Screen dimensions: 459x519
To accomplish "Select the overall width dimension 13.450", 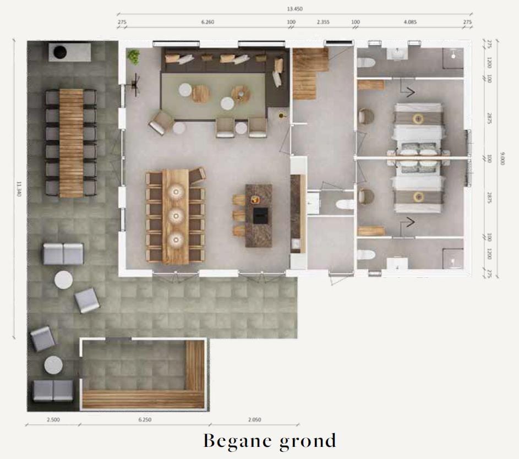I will tap(294, 9).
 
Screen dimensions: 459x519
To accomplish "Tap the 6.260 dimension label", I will tap(207, 23).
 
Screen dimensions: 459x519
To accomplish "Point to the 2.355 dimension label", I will tap(323, 23).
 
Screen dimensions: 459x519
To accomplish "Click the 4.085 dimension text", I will tap(410, 23).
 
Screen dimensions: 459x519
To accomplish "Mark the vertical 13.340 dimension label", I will tap(18, 190).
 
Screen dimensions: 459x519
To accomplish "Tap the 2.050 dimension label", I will tap(254, 419).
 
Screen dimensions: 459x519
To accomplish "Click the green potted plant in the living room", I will tap(133, 56).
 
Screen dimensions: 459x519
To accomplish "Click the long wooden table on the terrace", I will tap(71, 143).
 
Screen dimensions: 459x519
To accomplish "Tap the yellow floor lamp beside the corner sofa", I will tap(282, 115).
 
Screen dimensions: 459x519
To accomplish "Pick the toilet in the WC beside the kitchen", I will tap(345, 205).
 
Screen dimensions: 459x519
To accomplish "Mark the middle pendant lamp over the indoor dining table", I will tap(176, 215).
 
